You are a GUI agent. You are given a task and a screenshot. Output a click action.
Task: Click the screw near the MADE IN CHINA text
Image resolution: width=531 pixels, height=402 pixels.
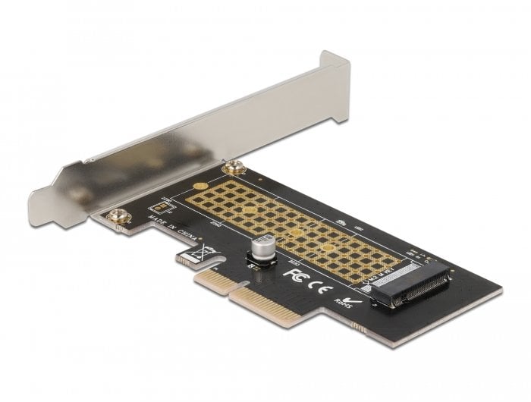pos(119,218)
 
